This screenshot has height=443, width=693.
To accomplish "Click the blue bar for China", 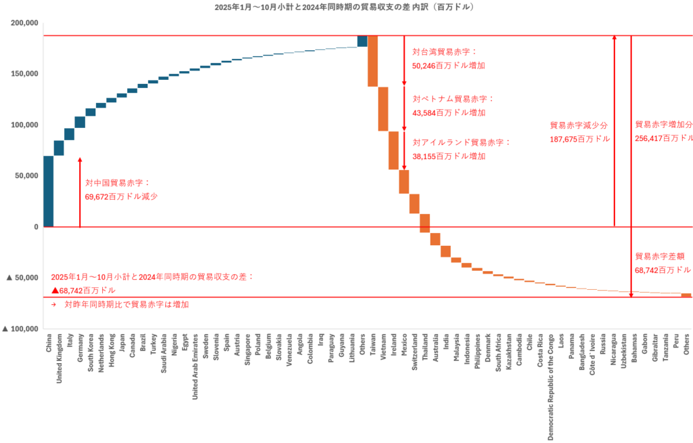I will point(48,191).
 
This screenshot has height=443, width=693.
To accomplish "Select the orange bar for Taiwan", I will point(372,61).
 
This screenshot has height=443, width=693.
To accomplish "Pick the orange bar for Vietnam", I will point(383,108).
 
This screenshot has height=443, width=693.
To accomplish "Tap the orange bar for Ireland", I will point(393,150).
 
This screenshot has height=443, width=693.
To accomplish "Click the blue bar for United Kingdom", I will point(59,148).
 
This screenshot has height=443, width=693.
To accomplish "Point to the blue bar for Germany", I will point(80,122).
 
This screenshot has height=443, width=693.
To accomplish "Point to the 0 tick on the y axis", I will point(35,227).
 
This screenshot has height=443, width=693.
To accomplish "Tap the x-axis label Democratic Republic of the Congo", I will point(550,386).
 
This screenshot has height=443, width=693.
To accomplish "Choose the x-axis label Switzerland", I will point(415,356).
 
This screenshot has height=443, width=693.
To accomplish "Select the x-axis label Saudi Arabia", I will point(164,352).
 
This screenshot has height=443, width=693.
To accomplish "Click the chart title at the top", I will point(344,7).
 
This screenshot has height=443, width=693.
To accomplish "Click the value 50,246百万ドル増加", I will point(449,66).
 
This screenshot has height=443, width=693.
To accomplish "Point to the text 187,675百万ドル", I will point(580,139).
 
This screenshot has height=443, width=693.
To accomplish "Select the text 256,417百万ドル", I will point(664,138).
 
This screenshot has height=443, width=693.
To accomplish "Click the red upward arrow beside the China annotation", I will point(80,192).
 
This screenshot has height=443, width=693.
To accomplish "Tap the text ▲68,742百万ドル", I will point(83,290).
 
